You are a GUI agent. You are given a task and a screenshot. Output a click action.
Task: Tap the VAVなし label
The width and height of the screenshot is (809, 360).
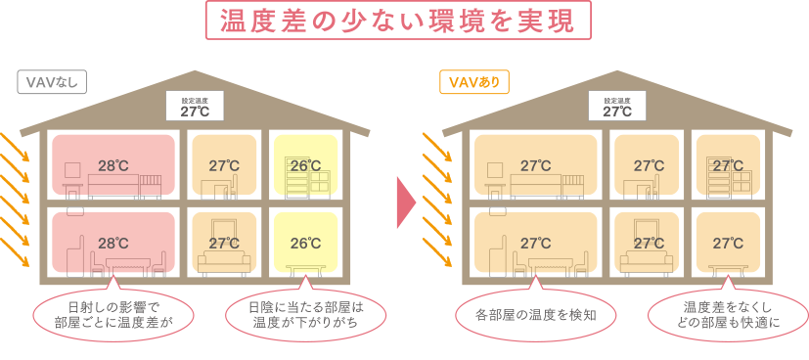[x=52, y=82]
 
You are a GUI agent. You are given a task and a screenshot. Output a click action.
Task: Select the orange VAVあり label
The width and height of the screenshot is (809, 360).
[x=473, y=82]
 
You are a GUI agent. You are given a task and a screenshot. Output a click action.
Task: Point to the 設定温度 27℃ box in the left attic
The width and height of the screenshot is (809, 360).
[x=195, y=107]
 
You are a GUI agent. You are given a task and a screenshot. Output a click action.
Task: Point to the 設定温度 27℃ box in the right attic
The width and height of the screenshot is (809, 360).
[x=617, y=107]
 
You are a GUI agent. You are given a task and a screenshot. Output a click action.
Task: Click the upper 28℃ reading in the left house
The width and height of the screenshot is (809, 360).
[x=112, y=165]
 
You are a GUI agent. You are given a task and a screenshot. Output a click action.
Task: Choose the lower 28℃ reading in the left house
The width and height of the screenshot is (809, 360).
[x=112, y=243]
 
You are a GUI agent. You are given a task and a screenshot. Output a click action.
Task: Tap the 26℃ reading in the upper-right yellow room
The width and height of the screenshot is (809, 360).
[x=305, y=165]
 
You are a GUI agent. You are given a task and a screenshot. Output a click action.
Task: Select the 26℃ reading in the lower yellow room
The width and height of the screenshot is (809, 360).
[x=305, y=243]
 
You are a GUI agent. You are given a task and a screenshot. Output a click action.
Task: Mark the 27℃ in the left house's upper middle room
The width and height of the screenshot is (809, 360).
[x=224, y=165]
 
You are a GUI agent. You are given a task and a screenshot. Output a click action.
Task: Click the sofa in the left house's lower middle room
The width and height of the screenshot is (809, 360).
[x=224, y=261]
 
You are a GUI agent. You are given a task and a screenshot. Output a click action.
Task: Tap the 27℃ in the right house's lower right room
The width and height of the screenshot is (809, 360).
[x=728, y=243]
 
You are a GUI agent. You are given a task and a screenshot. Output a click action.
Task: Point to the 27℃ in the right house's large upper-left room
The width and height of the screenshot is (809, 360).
[x=535, y=165]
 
